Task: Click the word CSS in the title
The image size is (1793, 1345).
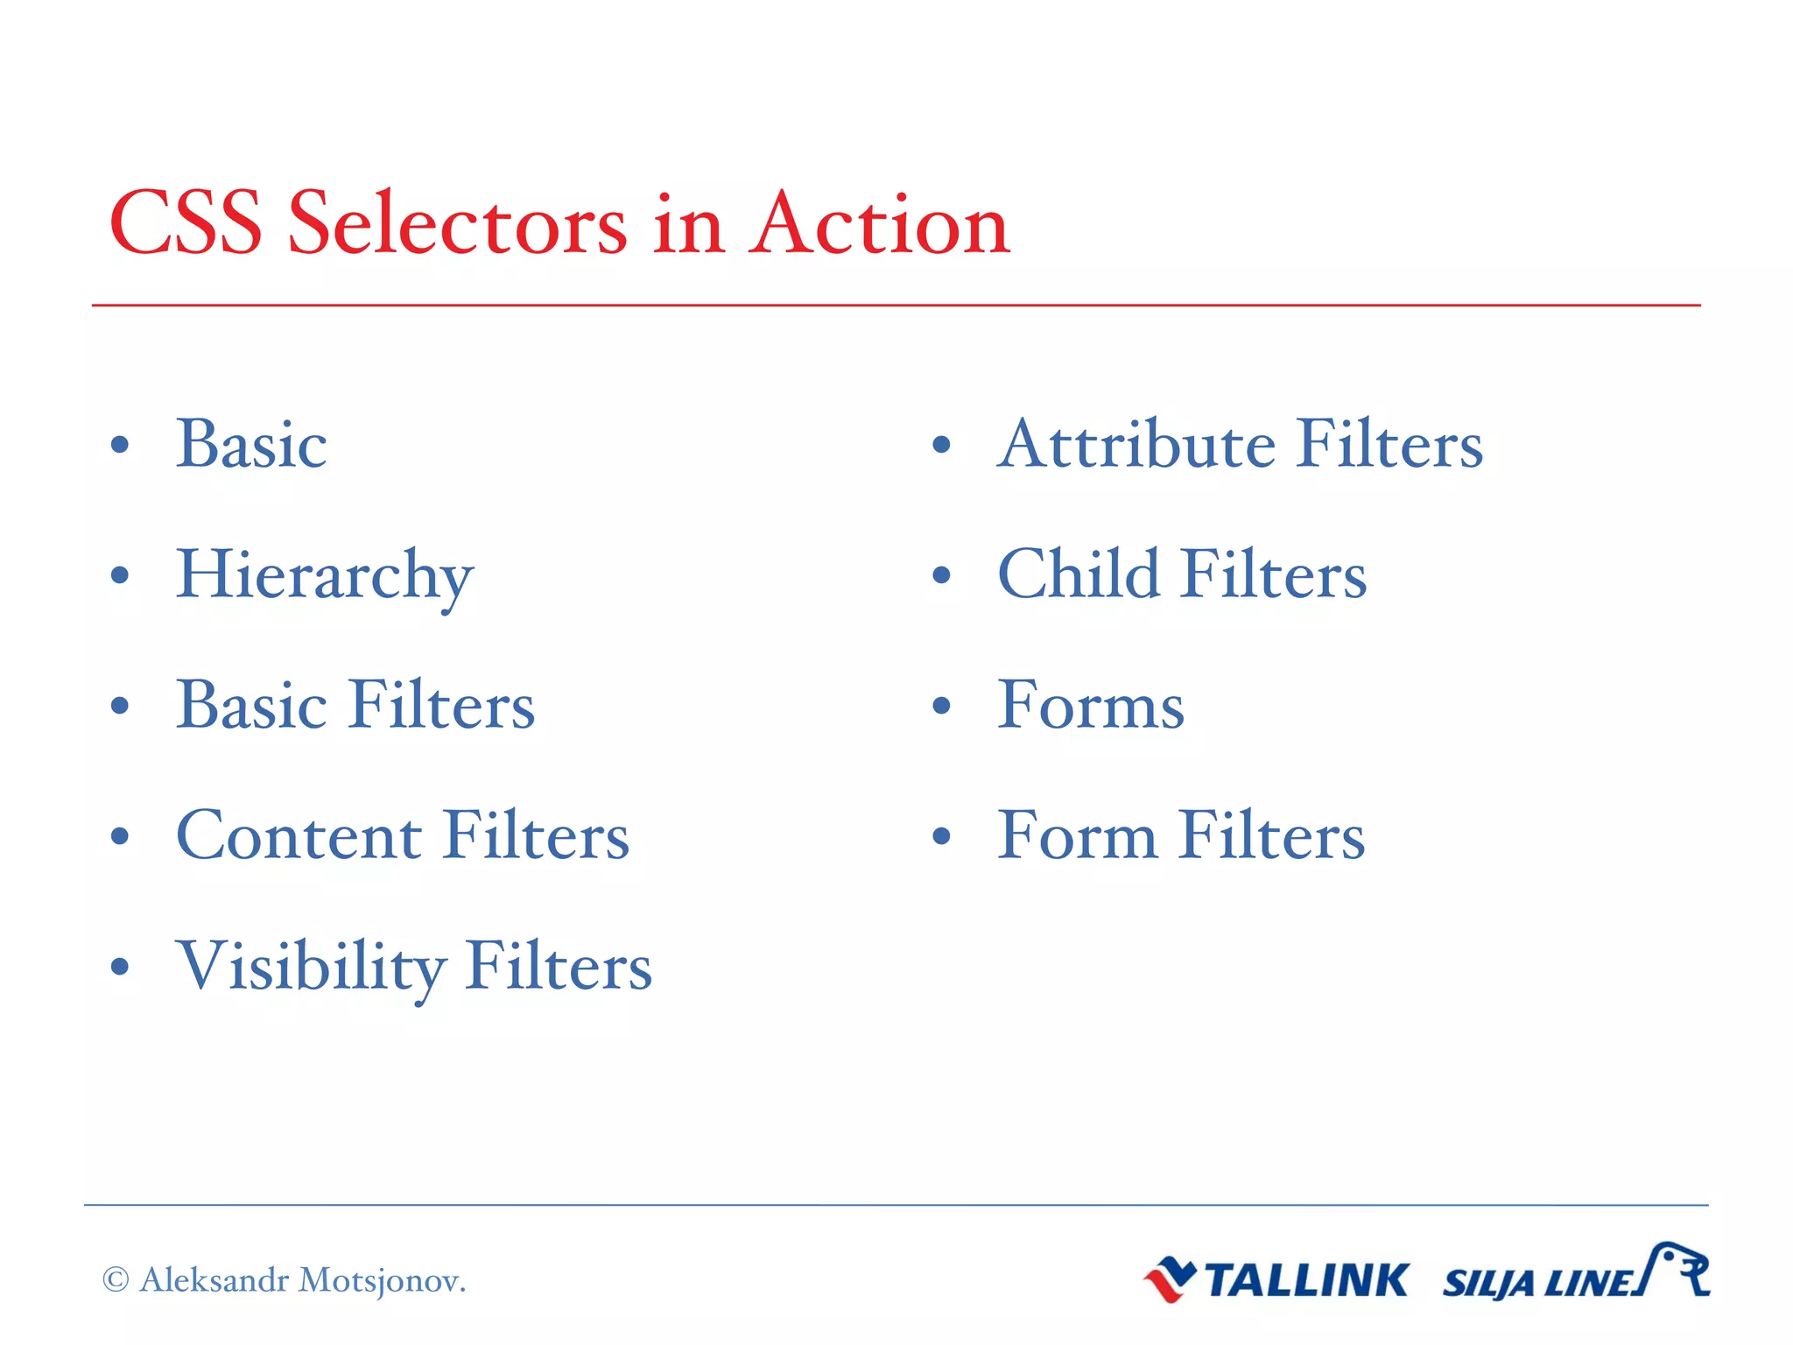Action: point(185,224)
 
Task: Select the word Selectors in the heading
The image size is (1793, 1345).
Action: point(457,224)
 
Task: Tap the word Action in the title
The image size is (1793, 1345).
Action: point(879,224)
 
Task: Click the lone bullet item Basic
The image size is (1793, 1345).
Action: point(251,444)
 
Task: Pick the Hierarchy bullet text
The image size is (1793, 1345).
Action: point(325,576)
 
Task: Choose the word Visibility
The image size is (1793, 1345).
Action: point(310,967)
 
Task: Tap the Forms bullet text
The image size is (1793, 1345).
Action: point(1091,705)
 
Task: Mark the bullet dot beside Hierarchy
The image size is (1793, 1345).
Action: point(121,576)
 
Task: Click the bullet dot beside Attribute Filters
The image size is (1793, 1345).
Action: point(941,445)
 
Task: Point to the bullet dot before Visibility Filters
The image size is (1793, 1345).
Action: point(121,968)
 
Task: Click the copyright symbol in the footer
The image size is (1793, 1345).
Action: point(116,1279)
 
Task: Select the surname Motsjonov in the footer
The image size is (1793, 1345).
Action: point(381,1280)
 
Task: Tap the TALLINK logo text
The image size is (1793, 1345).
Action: point(1306,1280)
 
